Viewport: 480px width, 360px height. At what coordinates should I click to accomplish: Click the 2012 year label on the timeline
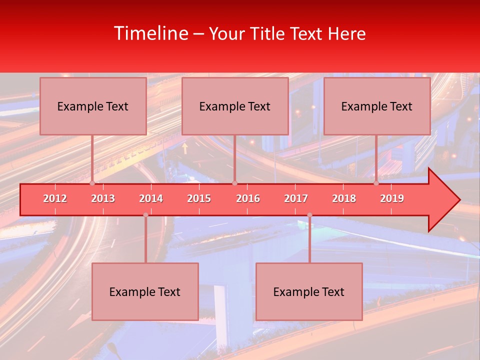(55, 198)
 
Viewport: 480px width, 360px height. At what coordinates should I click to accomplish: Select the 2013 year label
(103, 198)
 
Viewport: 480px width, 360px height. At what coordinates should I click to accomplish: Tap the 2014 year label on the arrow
(151, 198)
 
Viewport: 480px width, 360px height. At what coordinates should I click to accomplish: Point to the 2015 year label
(199, 198)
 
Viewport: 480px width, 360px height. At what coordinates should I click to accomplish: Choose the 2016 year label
(248, 198)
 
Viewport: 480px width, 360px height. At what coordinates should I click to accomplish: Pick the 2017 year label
(296, 198)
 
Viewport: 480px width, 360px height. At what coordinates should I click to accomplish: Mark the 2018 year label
(344, 198)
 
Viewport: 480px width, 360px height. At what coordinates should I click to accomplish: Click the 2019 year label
(392, 198)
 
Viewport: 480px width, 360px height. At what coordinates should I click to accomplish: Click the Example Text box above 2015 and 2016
(235, 106)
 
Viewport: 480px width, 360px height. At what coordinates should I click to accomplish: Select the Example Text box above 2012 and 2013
(93, 106)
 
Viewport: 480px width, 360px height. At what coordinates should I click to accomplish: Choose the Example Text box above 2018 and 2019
(377, 106)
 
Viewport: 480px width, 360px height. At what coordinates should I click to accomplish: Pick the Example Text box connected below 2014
(145, 291)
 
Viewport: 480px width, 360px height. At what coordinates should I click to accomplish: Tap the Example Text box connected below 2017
(309, 291)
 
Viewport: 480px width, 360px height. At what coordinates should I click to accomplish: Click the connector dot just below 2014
(145, 215)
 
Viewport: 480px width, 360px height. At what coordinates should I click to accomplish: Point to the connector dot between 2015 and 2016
(234, 183)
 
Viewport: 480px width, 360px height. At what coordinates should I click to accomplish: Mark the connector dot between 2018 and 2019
(376, 183)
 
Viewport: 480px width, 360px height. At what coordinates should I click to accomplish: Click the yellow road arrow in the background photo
(185, 147)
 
